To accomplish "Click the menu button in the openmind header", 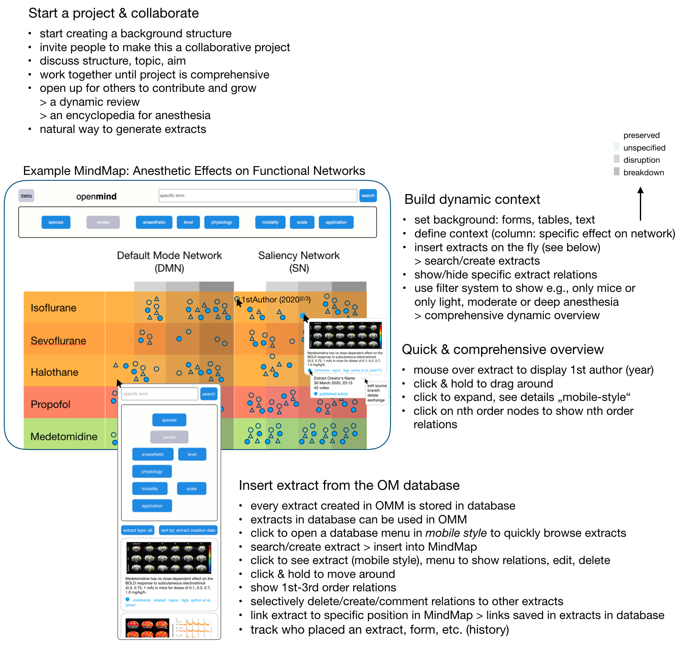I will pos(26,195).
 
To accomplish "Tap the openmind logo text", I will pos(96,196).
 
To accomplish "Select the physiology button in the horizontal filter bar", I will pos(222,222).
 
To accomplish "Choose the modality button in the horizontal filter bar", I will pos(270,222).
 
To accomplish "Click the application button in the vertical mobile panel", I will pos(152,506).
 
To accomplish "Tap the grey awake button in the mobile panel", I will pos(169,437).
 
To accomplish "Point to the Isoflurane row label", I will pos(54,308).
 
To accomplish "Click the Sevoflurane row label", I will pos(58,341).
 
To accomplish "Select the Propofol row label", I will pos(51,404).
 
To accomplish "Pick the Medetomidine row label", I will pos(64,437).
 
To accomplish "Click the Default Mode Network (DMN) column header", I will pos(169,261).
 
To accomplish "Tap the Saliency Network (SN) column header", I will pos(299,261).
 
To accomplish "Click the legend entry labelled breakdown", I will pos(644,172).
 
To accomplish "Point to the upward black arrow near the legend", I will pos(640,204).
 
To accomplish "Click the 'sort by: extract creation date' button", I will pos(188,530).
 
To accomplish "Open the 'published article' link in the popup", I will pos(334,394).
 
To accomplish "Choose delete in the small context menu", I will pos(373,395).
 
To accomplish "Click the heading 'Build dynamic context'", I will pos(472,199).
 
